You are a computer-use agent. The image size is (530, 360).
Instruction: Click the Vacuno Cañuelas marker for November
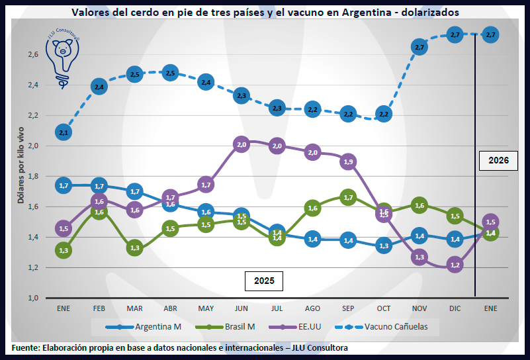click(419, 46)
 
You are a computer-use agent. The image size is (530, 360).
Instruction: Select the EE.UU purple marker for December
click(455, 265)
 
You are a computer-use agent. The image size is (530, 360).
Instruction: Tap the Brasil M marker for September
click(348, 197)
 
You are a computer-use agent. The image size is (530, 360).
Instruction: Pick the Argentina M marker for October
click(384, 245)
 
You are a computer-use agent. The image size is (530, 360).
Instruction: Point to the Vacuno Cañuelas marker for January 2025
click(64, 132)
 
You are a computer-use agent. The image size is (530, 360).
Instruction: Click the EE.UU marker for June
click(242, 144)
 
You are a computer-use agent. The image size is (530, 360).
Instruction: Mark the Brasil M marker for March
click(134, 248)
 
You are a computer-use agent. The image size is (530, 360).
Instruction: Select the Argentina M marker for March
click(134, 192)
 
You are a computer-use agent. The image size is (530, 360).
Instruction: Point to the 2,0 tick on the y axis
click(32, 146)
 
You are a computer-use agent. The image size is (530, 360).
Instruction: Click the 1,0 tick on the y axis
click(32, 298)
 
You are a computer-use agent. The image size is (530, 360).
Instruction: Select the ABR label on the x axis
click(170, 308)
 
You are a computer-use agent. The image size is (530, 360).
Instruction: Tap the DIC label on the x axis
click(455, 308)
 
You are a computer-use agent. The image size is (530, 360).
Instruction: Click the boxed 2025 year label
click(264, 281)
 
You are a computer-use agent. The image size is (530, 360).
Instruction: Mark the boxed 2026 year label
click(499, 161)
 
